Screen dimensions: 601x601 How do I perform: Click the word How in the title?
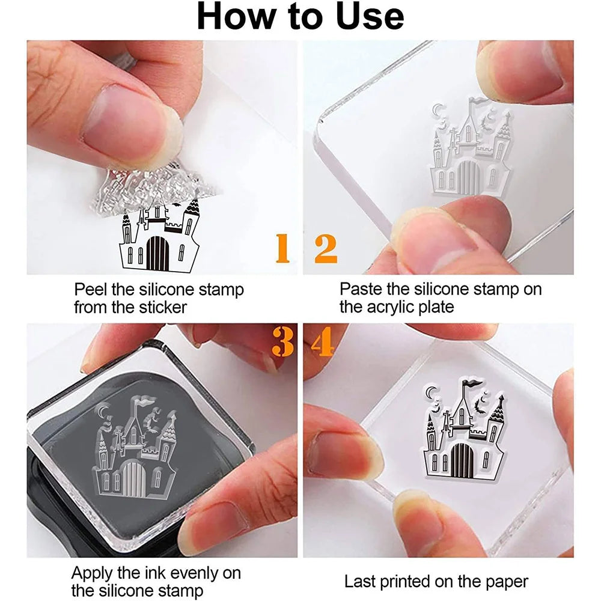[236, 16]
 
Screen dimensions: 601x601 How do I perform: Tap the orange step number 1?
[282, 248]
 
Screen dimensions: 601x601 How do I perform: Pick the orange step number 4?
[322, 343]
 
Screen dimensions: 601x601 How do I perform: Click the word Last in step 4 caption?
[360, 581]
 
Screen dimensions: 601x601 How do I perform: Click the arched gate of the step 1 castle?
[157, 253]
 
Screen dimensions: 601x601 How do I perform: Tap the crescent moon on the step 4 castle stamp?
[432, 392]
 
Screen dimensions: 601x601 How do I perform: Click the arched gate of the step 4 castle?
[462, 460]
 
